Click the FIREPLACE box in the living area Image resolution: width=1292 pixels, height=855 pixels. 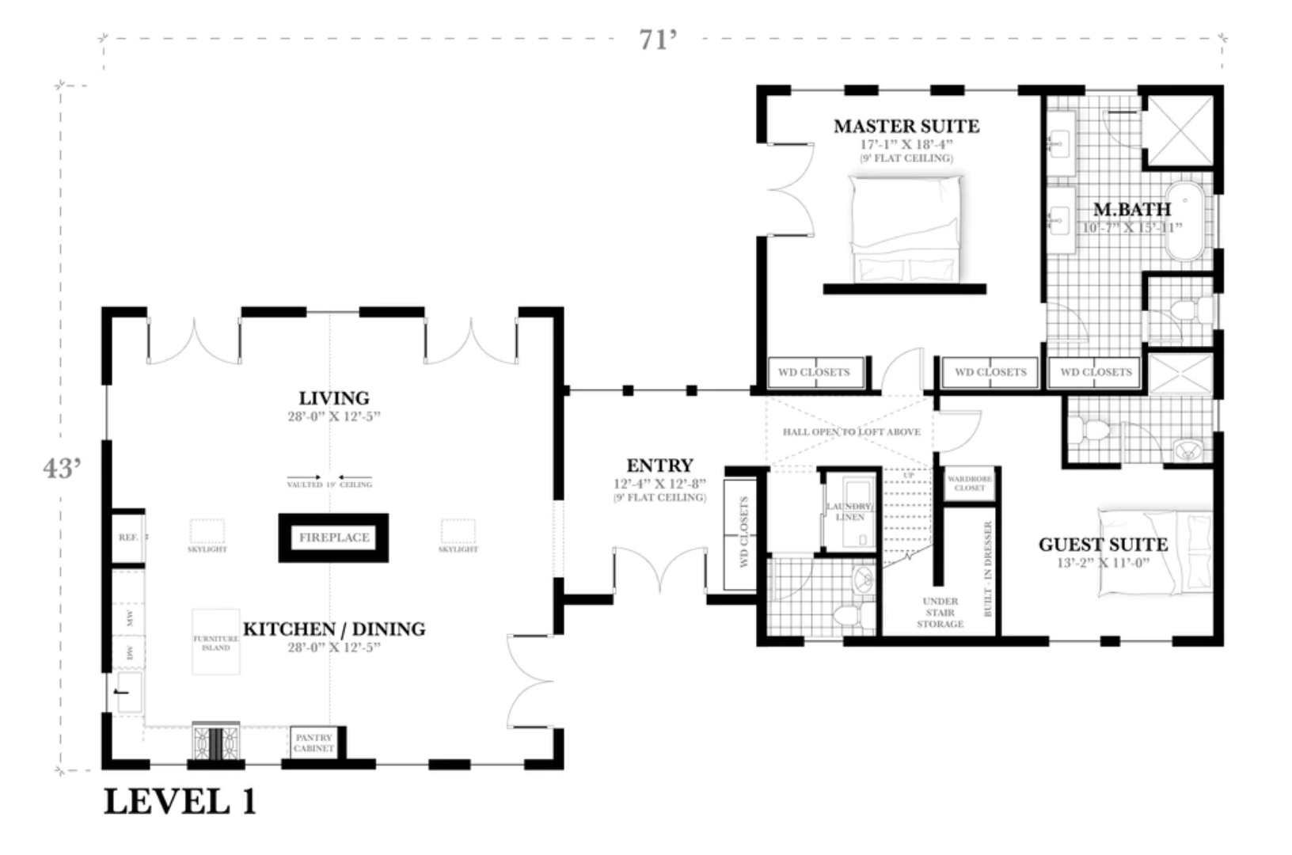coord(333,538)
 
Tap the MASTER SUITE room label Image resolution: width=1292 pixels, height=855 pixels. coord(906,126)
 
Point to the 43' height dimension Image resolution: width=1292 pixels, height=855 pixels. coord(62,468)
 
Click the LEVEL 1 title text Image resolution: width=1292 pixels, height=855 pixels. coord(180,802)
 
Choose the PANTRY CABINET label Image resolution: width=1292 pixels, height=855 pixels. coord(313,743)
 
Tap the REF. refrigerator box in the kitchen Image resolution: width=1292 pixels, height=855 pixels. coord(128,538)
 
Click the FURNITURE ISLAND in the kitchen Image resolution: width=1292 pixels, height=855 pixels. coord(215,642)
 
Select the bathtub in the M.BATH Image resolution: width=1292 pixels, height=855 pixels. coord(1187,222)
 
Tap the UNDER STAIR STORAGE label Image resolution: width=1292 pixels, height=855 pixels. coord(940,613)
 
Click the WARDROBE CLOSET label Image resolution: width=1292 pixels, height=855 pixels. coord(969,483)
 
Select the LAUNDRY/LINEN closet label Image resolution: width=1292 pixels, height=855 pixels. coord(849,511)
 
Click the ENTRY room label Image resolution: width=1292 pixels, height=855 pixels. coord(659,465)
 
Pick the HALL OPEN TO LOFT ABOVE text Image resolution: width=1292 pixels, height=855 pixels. coord(851,432)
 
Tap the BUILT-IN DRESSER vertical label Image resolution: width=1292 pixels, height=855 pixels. coord(987,568)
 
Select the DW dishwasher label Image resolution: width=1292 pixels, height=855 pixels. coord(130,653)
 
